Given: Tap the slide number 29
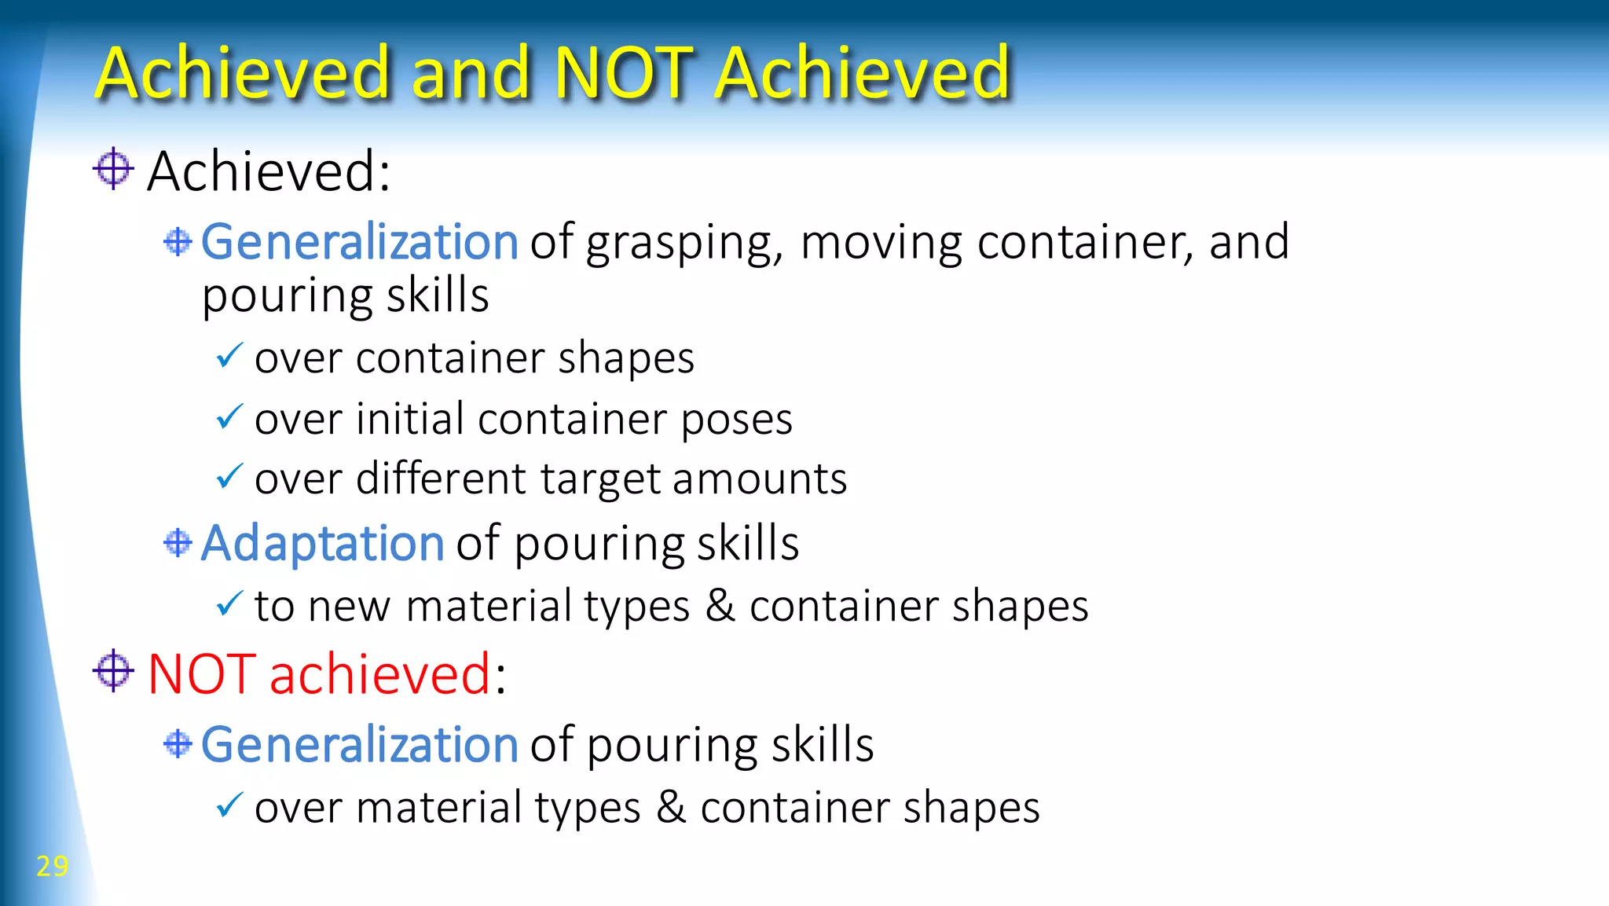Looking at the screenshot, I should point(53,866).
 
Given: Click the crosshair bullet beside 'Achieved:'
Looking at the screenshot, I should point(113,168).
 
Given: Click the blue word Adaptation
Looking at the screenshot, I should point(322,543).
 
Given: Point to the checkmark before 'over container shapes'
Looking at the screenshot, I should point(229,356).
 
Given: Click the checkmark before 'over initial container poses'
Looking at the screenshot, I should point(229,416).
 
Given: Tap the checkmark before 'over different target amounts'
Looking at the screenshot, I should point(229,476).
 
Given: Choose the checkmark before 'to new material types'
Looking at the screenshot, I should point(229,603).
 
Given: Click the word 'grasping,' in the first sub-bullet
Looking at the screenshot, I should point(684,244).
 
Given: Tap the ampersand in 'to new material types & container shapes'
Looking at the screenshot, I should point(720,606).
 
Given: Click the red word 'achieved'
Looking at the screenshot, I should point(380,674).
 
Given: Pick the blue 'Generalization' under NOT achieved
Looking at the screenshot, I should point(359,744).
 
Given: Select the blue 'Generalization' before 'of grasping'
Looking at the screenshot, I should point(359,241).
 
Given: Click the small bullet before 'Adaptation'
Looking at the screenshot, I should point(178,542).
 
